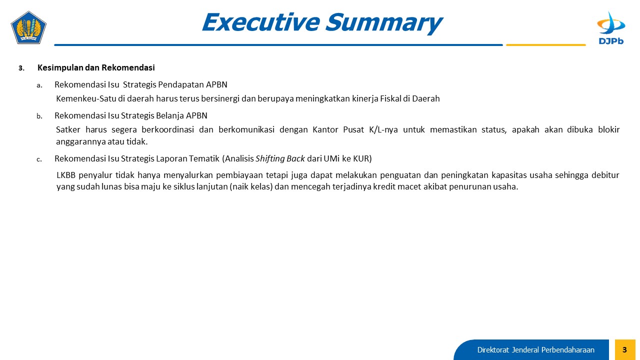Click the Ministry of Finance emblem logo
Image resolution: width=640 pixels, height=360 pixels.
[28, 27]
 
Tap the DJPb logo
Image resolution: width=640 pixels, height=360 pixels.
[611, 28]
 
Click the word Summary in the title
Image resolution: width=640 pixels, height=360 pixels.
[384, 22]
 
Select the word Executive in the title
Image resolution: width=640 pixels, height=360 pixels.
[261, 22]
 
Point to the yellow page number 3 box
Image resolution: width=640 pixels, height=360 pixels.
[625, 349]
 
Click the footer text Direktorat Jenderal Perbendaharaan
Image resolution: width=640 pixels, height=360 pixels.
[535, 350]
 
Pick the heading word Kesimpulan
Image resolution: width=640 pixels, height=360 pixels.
[60, 68]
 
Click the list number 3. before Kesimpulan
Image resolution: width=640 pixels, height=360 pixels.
[21, 68]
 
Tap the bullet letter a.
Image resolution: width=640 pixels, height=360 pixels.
[39, 85]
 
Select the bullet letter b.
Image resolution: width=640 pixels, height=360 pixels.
[39, 116]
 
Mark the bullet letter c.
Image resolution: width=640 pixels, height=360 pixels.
[39, 159]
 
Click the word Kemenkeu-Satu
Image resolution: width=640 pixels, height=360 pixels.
[86, 98]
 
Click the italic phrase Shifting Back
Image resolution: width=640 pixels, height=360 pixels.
[280, 158]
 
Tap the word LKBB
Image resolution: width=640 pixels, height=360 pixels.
[65, 175]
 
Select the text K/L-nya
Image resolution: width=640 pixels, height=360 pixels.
[383, 129]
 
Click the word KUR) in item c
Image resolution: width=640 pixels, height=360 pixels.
[362, 158]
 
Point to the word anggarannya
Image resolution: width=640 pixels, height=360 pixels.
[80, 142]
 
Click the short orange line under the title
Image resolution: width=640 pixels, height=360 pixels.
[545, 45]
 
